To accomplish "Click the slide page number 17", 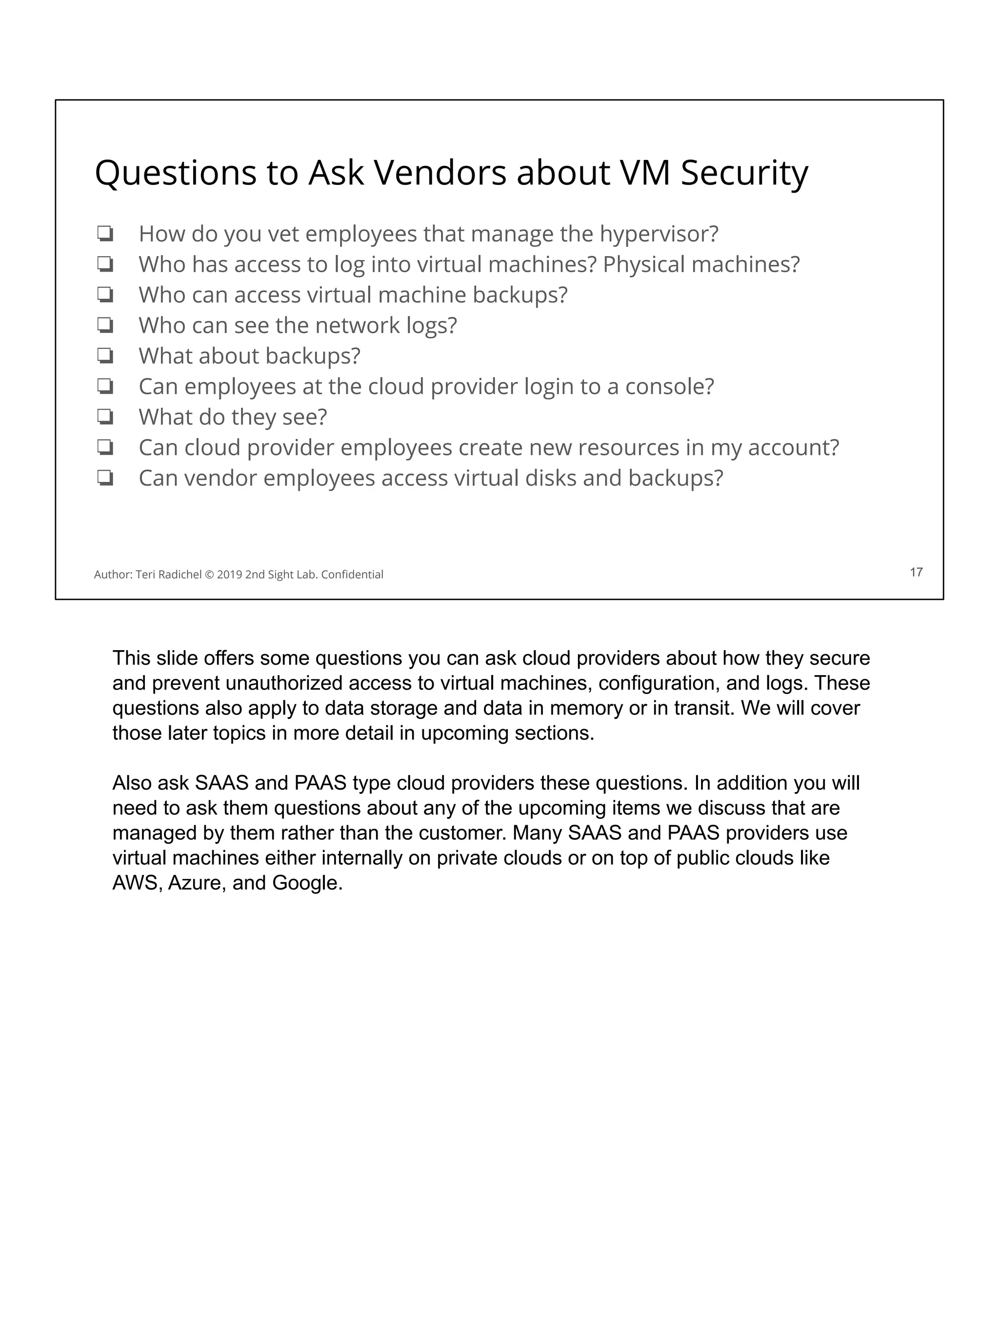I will pos(916,572).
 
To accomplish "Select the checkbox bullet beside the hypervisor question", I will pos(105,234).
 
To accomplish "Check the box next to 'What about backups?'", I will pos(105,356).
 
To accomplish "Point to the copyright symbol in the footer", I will pos(210,575).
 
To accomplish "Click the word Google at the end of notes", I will pos(307,883).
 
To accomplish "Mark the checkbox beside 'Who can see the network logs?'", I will pos(105,325).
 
